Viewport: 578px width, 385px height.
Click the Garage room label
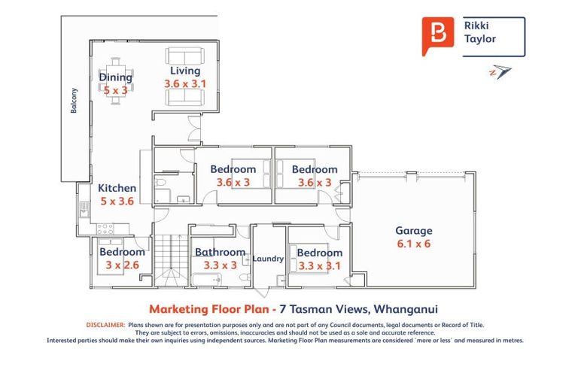(414, 231)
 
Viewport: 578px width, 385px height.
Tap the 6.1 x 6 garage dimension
(414, 244)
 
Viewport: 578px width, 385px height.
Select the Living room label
(184, 71)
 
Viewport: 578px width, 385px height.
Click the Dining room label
(115, 77)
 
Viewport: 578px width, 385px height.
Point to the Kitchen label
(117, 188)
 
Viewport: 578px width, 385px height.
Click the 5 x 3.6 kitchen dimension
(117, 201)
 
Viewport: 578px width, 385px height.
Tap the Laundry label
(268, 259)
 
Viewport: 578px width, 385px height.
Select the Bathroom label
(220, 253)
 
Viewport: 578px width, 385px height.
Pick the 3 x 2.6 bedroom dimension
(121, 265)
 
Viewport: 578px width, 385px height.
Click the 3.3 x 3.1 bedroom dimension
(319, 265)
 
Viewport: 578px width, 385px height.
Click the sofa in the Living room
(184, 56)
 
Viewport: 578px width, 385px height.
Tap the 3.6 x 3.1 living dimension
(184, 84)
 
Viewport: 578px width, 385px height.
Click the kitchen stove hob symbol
(104, 228)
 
